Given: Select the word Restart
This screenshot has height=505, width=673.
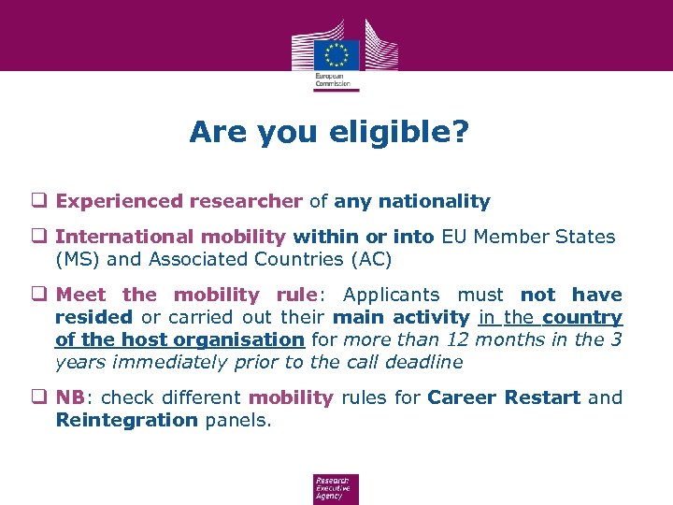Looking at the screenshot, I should [541, 397].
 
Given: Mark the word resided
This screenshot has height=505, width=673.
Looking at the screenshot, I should [93, 318].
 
